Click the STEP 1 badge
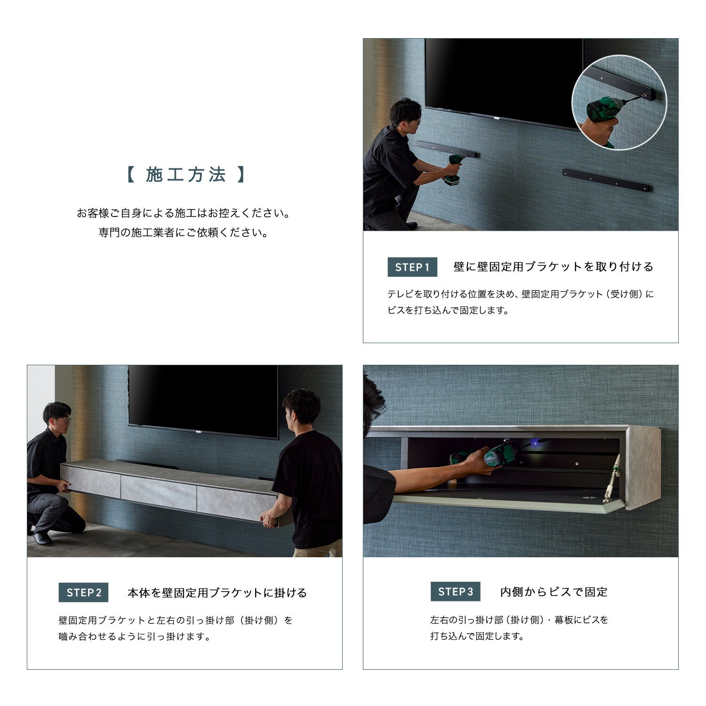(x=412, y=267)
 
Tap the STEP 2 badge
(x=83, y=593)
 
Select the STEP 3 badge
(x=455, y=592)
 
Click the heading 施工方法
(x=186, y=175)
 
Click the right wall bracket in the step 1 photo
(x=606, y=180)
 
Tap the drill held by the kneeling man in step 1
(x=454, y=169)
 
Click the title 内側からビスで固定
(x=554, y=592)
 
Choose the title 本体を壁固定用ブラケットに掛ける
(x=217, y=593)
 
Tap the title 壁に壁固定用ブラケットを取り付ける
(x=554, y=267)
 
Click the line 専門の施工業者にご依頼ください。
(x=184, y=233)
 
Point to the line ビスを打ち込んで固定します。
(x=448, y=310)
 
